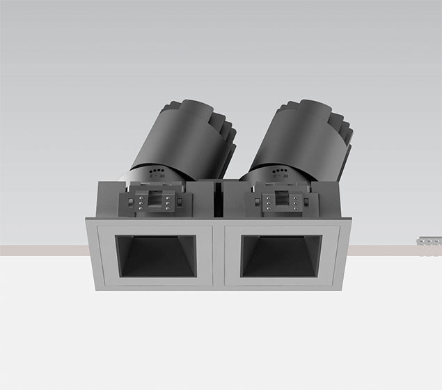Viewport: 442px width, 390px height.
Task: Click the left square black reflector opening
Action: [x=155, y=256]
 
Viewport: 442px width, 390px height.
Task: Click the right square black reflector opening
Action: [x=281, y=256]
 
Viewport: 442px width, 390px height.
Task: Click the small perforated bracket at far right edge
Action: [x=428, y=242]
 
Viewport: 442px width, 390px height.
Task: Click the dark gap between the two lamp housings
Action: [x=216, y=198]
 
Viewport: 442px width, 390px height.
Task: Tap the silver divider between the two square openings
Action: [x=218, y=255]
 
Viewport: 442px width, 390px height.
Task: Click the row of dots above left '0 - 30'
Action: [x=156, y=169]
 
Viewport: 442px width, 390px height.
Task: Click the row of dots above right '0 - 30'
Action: [x=281, y=169]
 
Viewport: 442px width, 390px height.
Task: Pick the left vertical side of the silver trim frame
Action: [x=91, y=255]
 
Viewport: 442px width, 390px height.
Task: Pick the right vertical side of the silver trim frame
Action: [x=345, y=255]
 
